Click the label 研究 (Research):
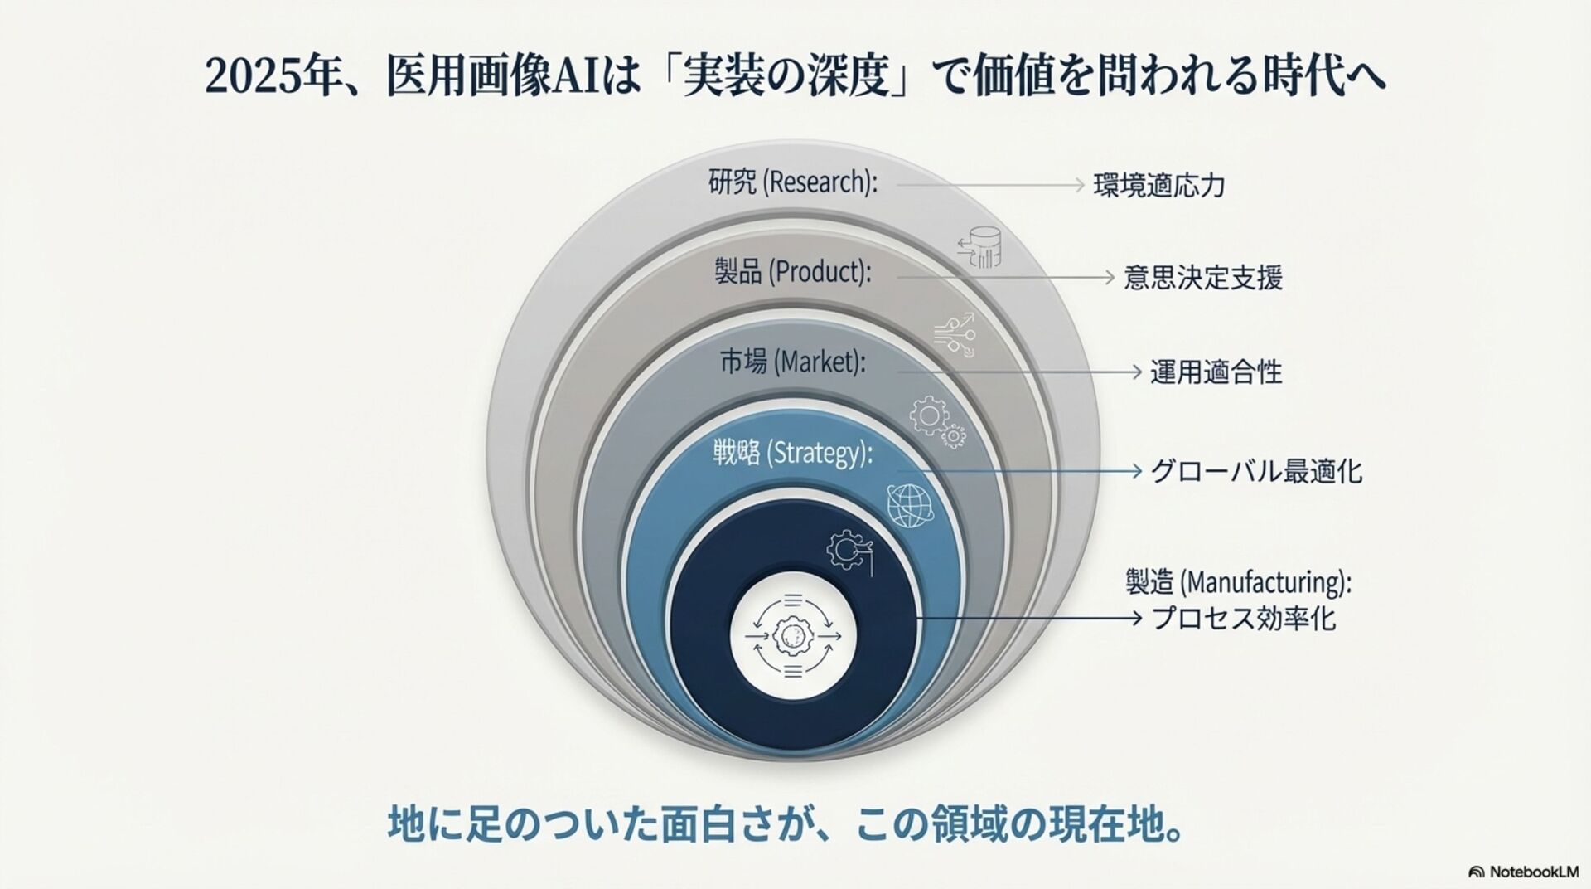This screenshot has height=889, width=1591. point(792,182)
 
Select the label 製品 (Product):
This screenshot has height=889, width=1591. point(792,272)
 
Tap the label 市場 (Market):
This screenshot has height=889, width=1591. point(792,362)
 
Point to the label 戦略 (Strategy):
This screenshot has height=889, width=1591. point(792,453)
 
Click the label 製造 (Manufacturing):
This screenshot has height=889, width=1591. point(1238,582)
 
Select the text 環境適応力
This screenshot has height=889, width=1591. point(1158,185)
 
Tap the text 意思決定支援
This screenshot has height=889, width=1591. point(1202,277)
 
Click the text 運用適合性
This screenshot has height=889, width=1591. point(1216,372)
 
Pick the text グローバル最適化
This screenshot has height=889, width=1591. point(1256,472)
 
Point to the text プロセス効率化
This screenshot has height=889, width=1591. point(1244,619)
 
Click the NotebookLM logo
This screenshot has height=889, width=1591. point(1523,872)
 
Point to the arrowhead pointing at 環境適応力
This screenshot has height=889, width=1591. point(1079,184)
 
